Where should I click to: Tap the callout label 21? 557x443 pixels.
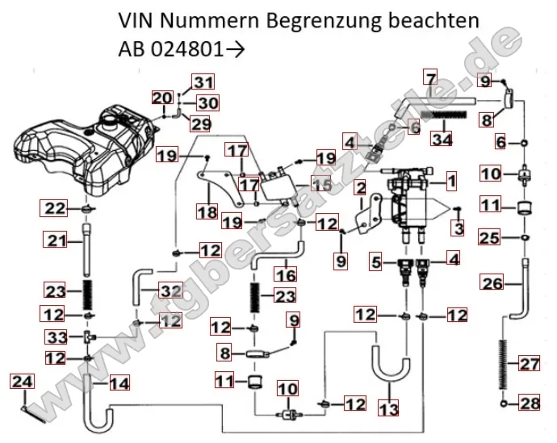coord(54,240)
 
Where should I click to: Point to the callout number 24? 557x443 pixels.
coord(23,380)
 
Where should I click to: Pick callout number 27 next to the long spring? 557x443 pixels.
coord(529,365)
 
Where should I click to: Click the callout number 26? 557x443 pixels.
coord(492,283)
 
